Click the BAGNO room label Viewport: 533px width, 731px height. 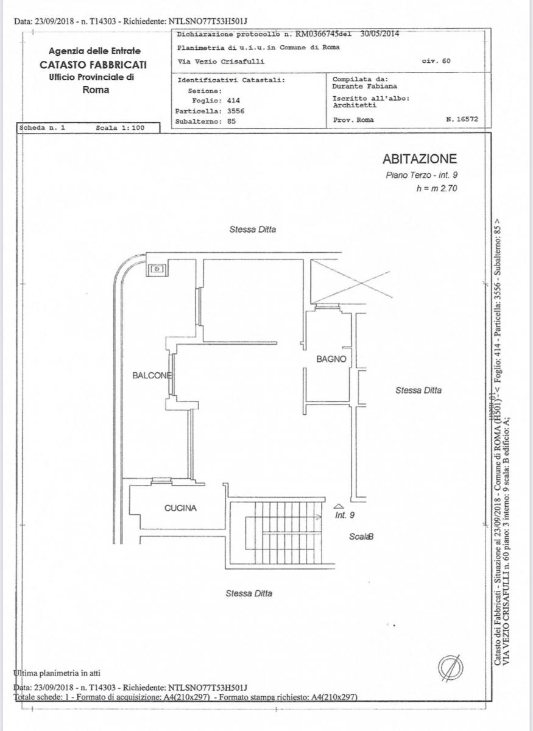(x=331, y=359)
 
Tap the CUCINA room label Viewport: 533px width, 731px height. (x=181, y=508)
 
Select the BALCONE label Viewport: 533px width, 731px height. (x=152, y=375)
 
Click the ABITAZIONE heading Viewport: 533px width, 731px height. (x=419, y=159)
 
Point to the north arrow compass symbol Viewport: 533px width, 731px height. (x=451, y=668)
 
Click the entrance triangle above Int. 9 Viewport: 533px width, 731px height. (x=339, y=506)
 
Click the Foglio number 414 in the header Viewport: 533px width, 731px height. (x=233, y=101)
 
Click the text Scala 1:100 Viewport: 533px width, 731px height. (x=120, y=129)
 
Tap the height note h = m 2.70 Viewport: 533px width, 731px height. (x=436, y=189)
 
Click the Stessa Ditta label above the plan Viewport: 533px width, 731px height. (x=253, y=230)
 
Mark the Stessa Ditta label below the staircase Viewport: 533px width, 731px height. (x=249, y=593)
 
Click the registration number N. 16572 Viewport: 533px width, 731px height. (x=464, y=120)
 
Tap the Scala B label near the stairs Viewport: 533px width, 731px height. (x=361, y=537)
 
